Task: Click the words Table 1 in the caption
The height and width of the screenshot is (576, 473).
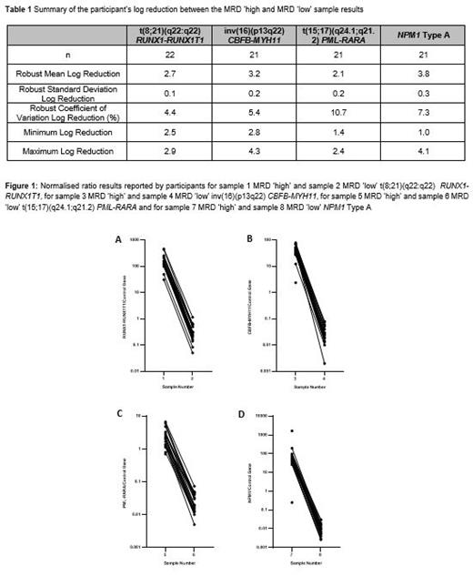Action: tap(22, 8)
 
